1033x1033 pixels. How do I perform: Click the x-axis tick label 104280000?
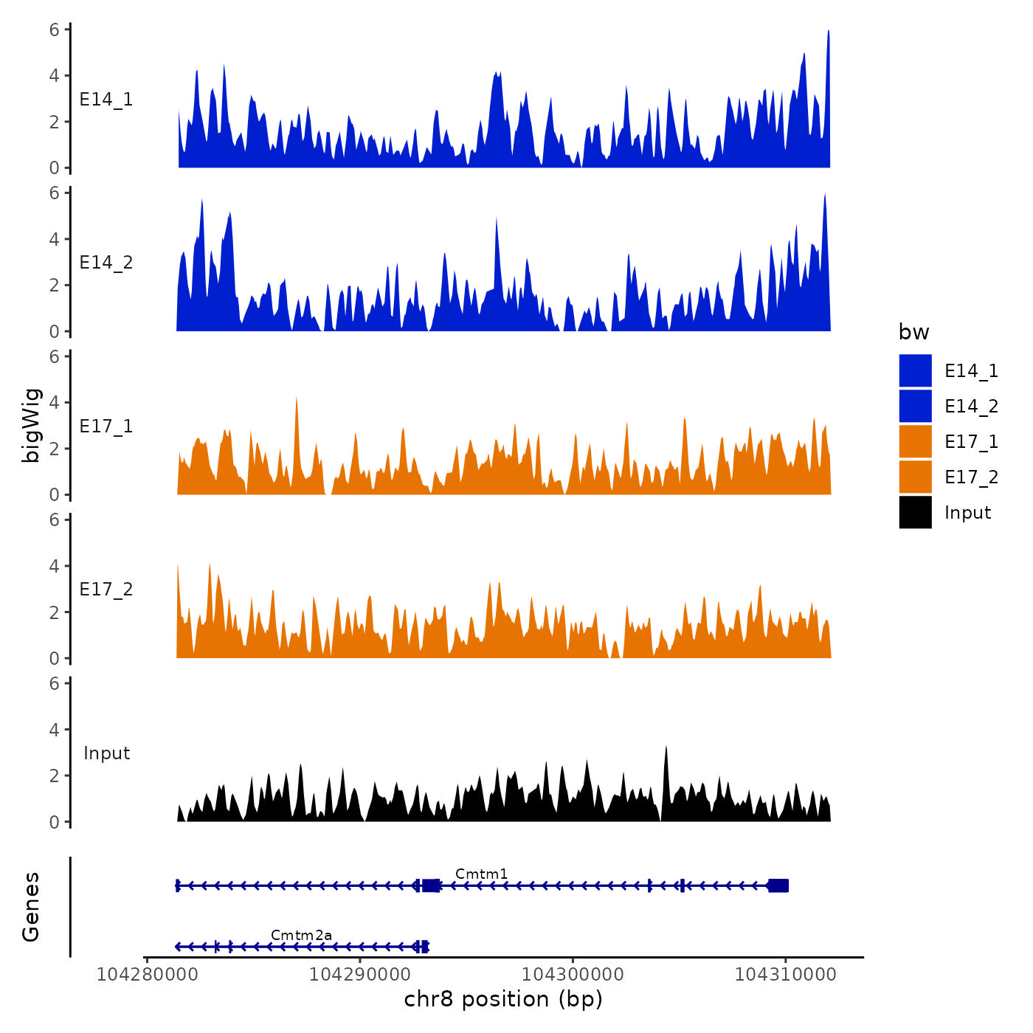(x=147, y=975)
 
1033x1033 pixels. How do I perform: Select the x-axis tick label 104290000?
(x=359, y=975)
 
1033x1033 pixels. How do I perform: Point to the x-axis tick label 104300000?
(x=573, y=975)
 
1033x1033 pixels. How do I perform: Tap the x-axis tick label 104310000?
(x=785, y=975)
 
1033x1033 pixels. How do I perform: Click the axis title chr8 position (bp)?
(x=503, y=1000)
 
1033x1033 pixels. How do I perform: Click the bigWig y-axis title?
(x=32, y=426)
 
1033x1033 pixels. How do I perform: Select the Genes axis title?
(x=32, y=907)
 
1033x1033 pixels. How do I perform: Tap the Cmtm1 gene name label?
(x=481, y=874)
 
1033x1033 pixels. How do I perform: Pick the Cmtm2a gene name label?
(x=301, y=936)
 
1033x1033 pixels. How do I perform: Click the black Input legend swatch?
(x=915, y=512)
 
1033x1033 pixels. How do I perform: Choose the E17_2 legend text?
(x=971, y=477)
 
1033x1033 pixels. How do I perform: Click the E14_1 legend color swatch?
(x=915, y=370)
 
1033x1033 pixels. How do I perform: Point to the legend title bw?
(x=913, y=333)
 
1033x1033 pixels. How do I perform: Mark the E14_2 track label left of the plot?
(x=106, y=263)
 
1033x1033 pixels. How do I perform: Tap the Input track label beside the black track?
(x=106, y=753)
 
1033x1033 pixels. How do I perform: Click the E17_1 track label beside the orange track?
(x=106, y=426)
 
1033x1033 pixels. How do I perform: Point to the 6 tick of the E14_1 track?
(x=55, y=30)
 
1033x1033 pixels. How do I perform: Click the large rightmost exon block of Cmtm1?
(x=778, y=885)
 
